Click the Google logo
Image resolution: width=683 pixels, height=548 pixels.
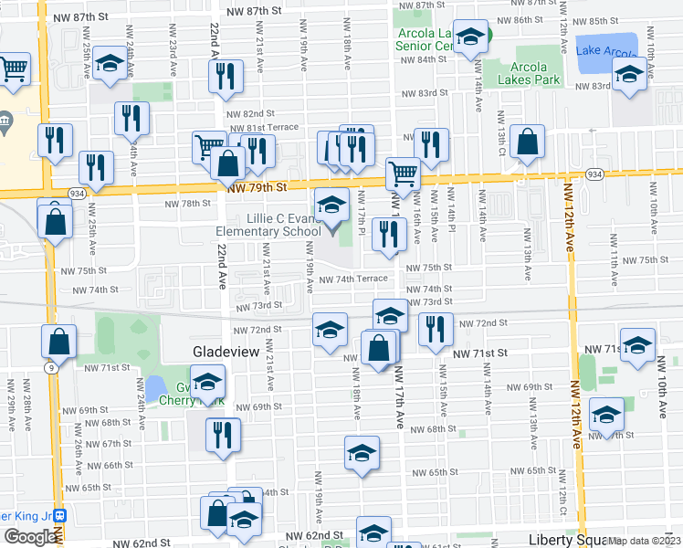31,537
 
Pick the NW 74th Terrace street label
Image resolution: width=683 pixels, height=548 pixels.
353,279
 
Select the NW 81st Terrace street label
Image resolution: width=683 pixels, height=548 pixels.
263,129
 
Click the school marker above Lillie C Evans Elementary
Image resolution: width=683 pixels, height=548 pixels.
331,206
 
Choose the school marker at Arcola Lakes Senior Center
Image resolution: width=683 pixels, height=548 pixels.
470,38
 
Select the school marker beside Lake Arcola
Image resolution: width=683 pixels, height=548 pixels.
629,75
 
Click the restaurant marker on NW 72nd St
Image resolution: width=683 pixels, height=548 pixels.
436,329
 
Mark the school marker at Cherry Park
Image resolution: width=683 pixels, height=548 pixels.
207,382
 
